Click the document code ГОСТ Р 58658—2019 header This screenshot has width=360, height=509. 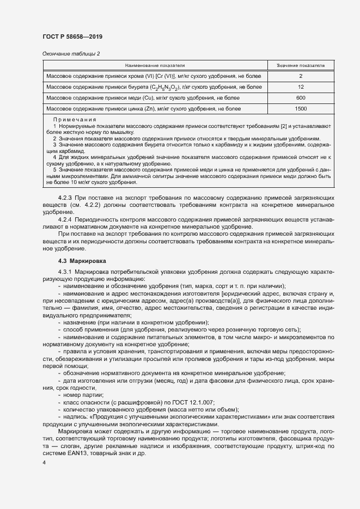(x=72, y=36)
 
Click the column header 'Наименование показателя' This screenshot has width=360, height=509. (x=156, y=65)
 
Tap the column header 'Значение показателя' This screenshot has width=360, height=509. (x=301, y=65)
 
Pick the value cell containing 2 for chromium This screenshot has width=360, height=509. (x=301, y=76)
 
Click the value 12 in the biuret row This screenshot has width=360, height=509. (x=301, y=87)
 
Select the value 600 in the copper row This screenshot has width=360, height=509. (x=301, y=97)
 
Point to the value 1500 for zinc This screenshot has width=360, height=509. (x=301, y=109)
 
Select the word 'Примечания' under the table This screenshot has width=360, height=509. (x=75, y=120)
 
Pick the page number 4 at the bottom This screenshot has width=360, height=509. (x=44, y=463)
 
